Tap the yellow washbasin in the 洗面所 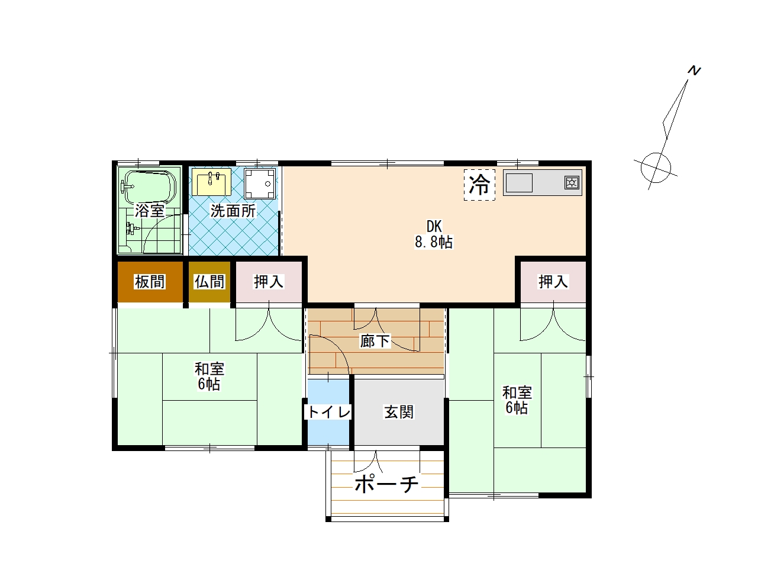click(x=211, y=182)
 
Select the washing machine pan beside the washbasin click(x=260, y=183)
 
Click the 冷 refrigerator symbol click(x=479, y=185)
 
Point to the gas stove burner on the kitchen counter click(x=572, y=182)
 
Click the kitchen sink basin click(x=519, y=183)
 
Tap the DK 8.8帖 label click(x=434, y=234)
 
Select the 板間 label click(x=150, y=282)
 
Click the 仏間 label click(x=209, y=282)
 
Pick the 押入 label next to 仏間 click(x=269, y=282)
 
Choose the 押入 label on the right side click(x=553, y=282)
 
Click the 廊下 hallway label click(x=375, y=341)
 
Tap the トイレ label click(x=328, y=412)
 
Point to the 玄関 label click(x=399, y=412)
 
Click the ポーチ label click(x=386, y=484)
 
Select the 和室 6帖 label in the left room click(x=209, y=376)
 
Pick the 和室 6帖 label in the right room click(x=517, y=400)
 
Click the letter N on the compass click(x=694, y=70)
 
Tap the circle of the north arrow click(x=656, y=168)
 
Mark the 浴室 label click(x=150, y=211)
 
